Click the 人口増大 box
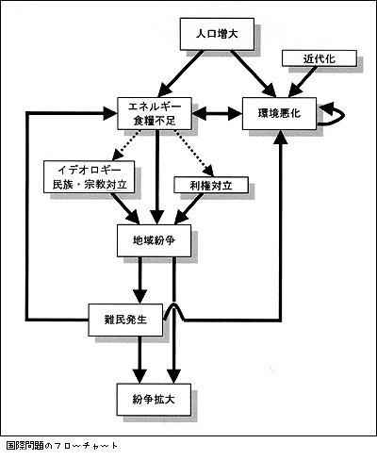pos(217,34)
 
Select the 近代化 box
pos(320,58)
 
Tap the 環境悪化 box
pos(279,113)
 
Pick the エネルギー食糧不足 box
pos(155,113)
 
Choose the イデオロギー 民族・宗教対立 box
pos(90,176)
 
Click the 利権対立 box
pos(211,185)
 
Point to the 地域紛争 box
pos(154,240)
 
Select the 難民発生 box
pos(125,320)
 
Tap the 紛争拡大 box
pos(154,400)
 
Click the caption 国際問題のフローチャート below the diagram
pos(62,446)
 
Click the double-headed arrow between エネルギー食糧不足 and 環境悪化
pos(217,113)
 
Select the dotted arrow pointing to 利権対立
pos(195,154)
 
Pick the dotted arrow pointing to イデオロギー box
pos(125,145)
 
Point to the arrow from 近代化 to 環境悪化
pos(302,82)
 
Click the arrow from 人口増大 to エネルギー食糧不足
pos(180,74)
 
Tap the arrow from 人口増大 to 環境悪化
pos(254,74)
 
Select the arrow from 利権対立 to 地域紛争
pos(188,208)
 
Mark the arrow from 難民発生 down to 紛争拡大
pos(139,359)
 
